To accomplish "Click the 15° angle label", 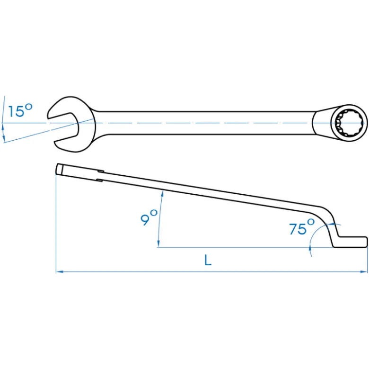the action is click(20, 110).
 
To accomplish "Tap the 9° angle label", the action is click(149, 217).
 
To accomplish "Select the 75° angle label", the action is click(302, 227).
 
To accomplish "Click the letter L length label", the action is click(208, 260).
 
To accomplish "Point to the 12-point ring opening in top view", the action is click(349, 123).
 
